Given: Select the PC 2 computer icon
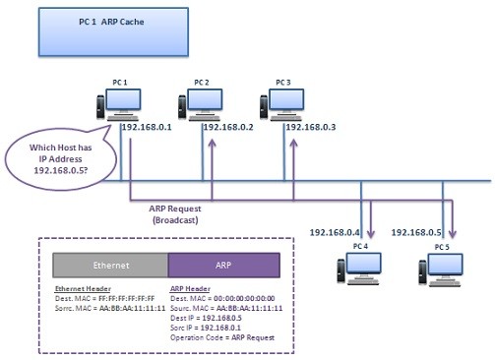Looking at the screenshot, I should (x=191, y=106).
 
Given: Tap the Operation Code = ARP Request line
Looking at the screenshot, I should (x=222, y=337).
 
